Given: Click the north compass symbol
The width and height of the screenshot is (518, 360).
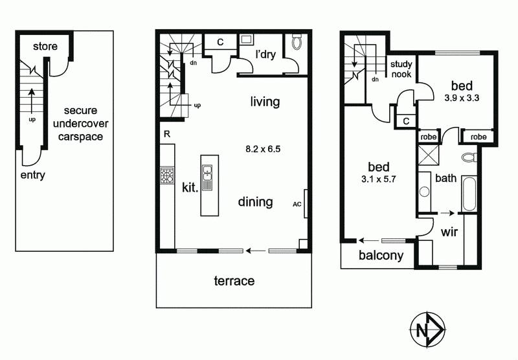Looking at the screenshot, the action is coord(427,330).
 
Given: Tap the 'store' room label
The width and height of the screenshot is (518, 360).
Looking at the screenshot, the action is coord(45,46).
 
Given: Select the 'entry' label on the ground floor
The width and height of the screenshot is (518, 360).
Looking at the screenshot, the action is coord(33,175).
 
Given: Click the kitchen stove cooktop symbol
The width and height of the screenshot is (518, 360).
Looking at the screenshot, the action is coord(167,175).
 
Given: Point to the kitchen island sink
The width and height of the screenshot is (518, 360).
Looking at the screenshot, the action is coord(207,177).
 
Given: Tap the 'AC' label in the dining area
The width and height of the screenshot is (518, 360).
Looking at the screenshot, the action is coord(297,205).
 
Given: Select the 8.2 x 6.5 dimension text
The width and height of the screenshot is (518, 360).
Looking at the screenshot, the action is coord(263,150).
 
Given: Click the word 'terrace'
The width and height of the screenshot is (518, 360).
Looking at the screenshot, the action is coord(234,281).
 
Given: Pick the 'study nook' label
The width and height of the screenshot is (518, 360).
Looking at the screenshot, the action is coord(401,69).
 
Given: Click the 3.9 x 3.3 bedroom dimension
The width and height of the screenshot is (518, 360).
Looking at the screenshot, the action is coord(462,98).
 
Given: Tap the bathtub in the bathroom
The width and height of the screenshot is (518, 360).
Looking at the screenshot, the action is coord(469,194).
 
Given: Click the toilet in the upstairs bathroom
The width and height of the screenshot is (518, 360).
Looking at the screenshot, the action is coord(469,157).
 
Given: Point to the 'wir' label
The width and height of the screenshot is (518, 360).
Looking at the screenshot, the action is coord(449,232).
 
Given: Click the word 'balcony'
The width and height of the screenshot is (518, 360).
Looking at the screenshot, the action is coord(381,256).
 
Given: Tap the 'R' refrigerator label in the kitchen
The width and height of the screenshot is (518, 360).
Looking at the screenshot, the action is coord(167,134).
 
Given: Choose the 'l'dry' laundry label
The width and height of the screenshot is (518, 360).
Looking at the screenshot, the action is coord(266,54).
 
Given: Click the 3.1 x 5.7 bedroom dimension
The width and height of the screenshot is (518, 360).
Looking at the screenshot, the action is coord(379,179).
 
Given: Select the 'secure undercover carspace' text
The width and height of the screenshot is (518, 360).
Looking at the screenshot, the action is coord(80,124).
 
